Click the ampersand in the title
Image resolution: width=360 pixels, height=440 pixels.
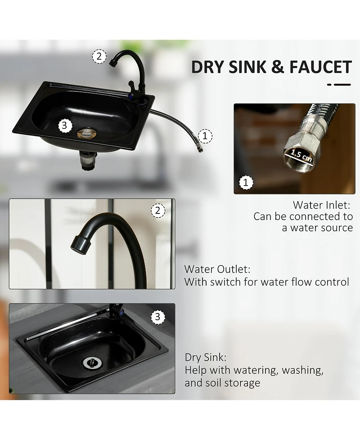278,67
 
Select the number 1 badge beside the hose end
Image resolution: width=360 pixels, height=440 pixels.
205,136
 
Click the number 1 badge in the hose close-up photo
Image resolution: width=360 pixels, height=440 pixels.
246,182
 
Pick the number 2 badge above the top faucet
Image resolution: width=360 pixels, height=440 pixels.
99,56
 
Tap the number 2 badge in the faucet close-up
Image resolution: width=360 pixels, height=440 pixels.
158,210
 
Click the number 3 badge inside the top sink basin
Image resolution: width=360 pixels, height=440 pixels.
65,125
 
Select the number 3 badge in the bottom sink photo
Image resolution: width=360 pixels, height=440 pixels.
157,317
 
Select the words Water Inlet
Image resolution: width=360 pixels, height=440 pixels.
322,205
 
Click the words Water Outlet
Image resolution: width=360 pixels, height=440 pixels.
217,269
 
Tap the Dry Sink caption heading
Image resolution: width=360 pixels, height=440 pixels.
206,358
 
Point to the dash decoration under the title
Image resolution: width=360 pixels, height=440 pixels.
339,85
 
